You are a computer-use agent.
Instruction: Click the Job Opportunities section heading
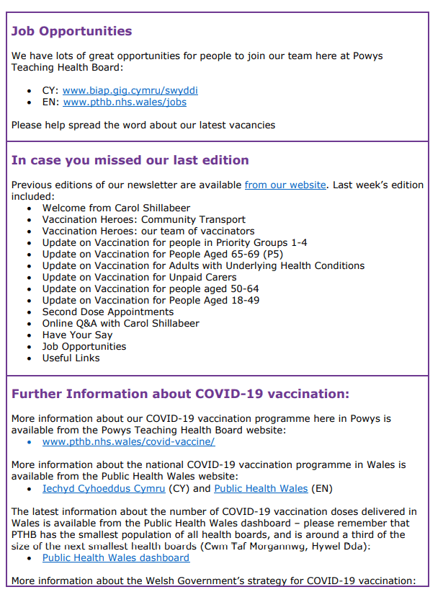(x=72, y=31)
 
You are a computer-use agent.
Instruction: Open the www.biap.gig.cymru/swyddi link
(x=130, y=91)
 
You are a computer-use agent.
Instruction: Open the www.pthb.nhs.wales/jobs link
(x=125, y=102)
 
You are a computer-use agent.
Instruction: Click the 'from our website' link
(x=285, y=185)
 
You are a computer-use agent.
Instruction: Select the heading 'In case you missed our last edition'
(x=130, y=160)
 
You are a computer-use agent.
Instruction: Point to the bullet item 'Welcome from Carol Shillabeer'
(x=116, y=208)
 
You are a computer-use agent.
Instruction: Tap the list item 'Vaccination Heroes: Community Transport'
(x=143, y=220)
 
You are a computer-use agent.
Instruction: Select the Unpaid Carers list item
(x=139, y=278)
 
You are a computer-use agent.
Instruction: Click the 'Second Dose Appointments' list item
(x=107, y=312)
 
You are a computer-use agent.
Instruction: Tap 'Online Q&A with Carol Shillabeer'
(x=120, y=324)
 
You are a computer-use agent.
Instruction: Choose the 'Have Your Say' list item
(x=77, y=335)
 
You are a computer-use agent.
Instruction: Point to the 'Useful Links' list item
(x=71, y=358)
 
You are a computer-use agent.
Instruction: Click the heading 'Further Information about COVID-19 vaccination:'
(x=181, y=394)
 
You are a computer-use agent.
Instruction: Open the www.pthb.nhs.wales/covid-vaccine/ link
(x=128, y=442)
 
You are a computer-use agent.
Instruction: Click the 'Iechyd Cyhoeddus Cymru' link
(x=104, y=489)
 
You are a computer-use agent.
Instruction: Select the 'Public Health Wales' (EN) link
(x=261, y=489)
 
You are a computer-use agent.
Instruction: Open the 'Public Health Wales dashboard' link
(x=116, y=558)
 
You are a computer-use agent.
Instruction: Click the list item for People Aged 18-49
(x=151, y=301)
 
